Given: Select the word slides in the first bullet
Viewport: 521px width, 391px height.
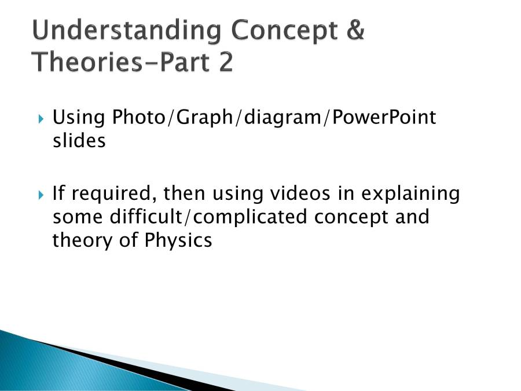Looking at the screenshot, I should tap(79, 141).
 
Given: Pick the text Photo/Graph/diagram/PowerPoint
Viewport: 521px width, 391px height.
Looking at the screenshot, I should tap(274, 118).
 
